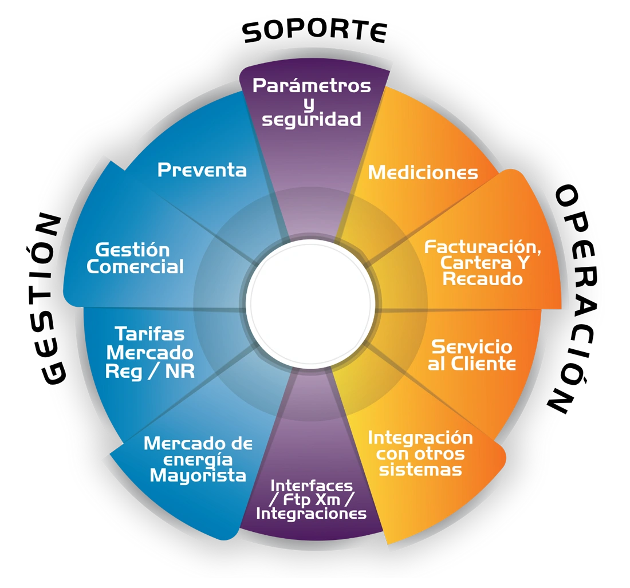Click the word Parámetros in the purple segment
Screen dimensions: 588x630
click(312, 86)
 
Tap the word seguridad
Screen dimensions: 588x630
click(312, 119)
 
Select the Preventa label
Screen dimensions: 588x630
click(202, 170)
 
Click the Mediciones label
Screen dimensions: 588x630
click(423, 172)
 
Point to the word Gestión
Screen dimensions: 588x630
click(132, 250)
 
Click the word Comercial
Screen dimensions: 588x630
click(135, 267)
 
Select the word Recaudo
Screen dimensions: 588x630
click(483, 279)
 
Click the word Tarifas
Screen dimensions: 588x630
click(149, 333)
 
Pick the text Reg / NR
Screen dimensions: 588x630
click(150, 371)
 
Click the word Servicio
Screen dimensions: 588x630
click(471, 346)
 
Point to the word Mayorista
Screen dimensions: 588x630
click(198, 475)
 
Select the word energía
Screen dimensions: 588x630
click(198, 459)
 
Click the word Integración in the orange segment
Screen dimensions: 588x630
click(420, 438)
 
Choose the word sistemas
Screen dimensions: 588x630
click(420, 470)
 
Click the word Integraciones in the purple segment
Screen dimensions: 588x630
click(311, 514)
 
